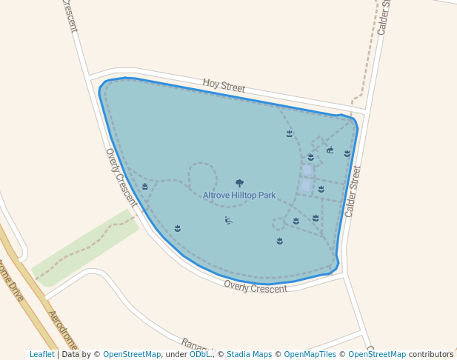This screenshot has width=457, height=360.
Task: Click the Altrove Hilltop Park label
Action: (x=239, y=196)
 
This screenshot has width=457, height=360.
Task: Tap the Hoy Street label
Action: (x=224, y=87)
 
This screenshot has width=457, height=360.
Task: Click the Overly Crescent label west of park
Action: (x=121, y=177)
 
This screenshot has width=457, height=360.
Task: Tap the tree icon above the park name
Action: (x=239, y=183)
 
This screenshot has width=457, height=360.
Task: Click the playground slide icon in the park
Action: (x=228, y=220)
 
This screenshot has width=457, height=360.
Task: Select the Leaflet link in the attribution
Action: (x=41, y=354)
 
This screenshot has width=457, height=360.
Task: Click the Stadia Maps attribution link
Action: (x=249, y=354)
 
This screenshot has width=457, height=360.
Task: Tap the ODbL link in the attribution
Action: (x=200, y=354)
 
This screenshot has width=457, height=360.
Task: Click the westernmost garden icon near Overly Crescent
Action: (x=145, y=187)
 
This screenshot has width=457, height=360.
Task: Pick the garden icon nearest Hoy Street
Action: (x=290, y=133)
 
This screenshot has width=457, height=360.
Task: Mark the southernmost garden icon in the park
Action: (x=280, y=241)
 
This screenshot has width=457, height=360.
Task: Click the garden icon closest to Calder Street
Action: (x=347, y=153)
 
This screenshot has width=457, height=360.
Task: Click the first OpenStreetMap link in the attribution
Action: (x=132, y=354)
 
